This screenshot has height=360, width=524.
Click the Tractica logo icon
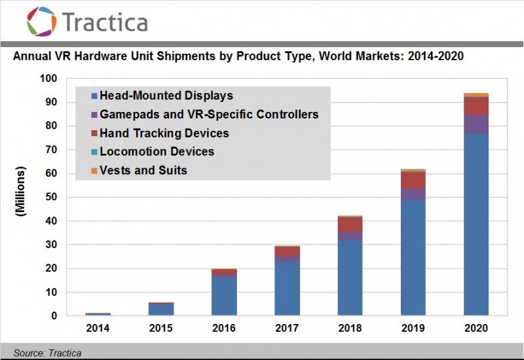coord(41,21)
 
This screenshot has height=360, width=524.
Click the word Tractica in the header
coord(105,22)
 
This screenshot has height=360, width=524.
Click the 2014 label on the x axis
coord(98,327)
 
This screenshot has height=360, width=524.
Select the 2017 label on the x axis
coord(287,327)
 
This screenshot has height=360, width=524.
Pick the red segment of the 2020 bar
coord(476,106)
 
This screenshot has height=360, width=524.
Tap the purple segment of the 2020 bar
coord(476,124)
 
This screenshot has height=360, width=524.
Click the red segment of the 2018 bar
coord(350,225)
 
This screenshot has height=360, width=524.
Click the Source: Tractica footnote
coord(47,353)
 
